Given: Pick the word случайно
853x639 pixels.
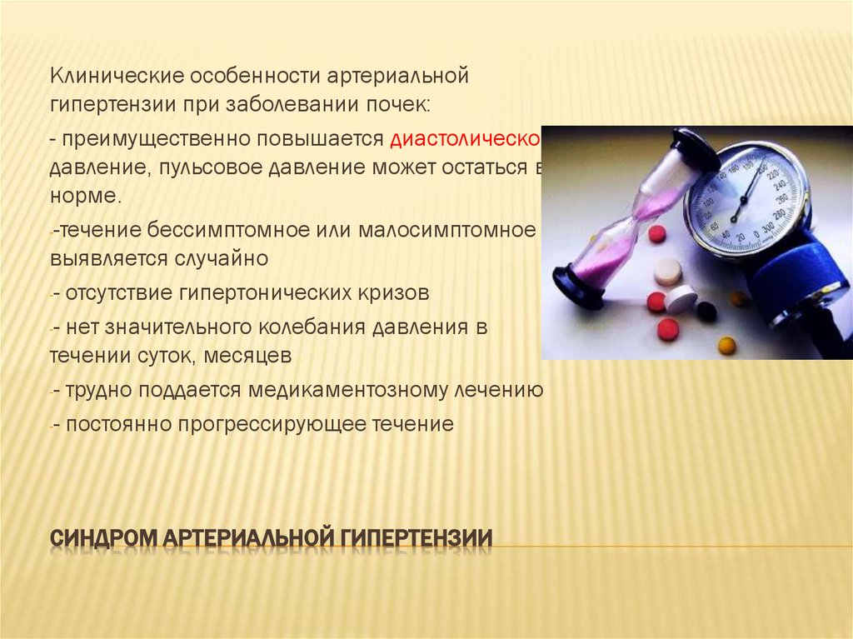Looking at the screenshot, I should point(222,258).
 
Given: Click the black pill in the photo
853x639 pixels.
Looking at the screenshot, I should point(706,311).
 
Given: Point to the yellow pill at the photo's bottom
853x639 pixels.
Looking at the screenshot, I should point(727,344).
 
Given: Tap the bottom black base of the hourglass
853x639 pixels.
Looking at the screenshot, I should point(577,284).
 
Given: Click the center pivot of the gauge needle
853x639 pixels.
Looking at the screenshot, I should point(736,217).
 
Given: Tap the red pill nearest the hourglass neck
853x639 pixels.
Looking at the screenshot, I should point(657,234).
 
